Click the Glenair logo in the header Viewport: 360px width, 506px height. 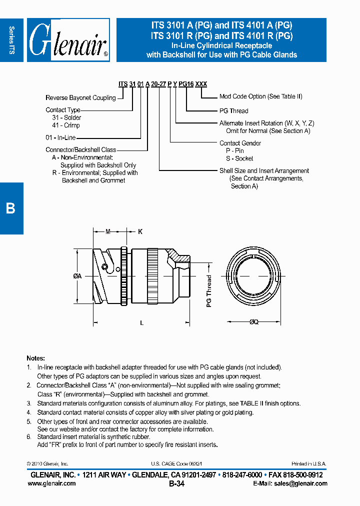tap(68, 40)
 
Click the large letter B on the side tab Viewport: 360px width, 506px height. tap(10, 208)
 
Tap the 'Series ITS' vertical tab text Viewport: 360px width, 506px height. tap(12, 40)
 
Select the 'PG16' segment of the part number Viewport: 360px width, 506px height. tap(186, 84)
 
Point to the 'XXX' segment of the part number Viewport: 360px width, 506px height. tap(201, 84)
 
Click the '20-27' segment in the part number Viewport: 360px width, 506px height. tap(158, 84)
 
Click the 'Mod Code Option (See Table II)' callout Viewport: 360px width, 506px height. tap(260, 96)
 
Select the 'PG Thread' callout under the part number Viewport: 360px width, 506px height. tap(233, 111)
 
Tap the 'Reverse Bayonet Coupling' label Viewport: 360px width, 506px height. tap(80, 98)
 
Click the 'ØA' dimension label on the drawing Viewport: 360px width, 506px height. tap(77, 276)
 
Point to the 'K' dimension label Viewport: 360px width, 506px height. tap(140, 231)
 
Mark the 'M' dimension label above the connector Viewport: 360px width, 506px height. tap(108, 231)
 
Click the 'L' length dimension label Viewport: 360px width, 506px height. tap(142, 323)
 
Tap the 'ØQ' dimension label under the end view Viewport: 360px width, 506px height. tap(253, 323)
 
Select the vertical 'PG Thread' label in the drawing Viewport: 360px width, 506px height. tap(209, 290)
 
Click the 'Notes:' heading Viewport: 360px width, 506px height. tap(35, 358)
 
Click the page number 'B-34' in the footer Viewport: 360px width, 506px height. tap(176, 483)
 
